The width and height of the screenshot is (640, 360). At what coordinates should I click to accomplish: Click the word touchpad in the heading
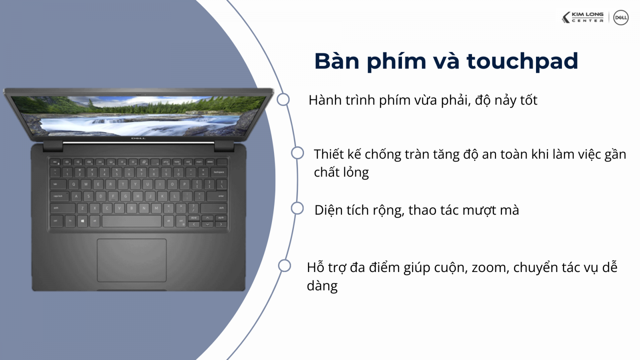pyautogui.click(x=522, y=61)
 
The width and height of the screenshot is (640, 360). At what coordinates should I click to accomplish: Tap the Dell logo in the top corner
pyautogui.click(x=621, y=18)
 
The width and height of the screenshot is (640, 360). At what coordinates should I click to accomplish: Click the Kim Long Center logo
pyautogui.click(x=583, y=18)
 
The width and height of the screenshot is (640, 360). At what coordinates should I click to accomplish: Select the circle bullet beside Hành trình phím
pyautogui.click(x=283, y=100)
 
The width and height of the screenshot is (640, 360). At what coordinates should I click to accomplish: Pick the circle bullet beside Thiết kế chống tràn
pyautogui.click(x=297, y=153)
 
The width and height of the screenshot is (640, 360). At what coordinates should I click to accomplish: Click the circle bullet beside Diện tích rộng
pyautogui.click(x=297, y=208)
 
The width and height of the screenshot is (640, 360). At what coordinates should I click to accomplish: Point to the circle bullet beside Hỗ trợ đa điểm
pyautogui.click(x=284, y=266)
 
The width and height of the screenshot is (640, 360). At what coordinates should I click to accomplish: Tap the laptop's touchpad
pyautogui.click(x=132, y=260)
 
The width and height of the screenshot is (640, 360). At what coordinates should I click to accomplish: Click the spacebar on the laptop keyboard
pyautogui.click(x=132, y=221)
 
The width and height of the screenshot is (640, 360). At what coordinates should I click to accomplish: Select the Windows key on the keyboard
pyautogui.click(x=82, y=221)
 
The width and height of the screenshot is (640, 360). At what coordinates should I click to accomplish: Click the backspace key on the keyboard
pyautogui.click(x=219, y=172)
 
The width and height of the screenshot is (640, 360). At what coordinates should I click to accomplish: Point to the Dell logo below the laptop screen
pyautogui.click(x=138, y=138)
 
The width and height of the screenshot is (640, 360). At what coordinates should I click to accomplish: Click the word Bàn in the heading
pyautogui.click(x=336, y=61)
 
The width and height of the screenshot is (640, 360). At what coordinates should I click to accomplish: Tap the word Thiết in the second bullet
pyautogui.click(x=328, y=154)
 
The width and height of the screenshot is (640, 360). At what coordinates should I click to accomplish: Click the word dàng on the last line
pyautogui.click(x=322, y=286)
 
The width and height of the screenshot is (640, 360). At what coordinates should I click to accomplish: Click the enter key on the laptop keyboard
pyautogui.click(x=220, y=196)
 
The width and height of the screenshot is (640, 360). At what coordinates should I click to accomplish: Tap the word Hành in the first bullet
pyautogui.click(x=325, y=100)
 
